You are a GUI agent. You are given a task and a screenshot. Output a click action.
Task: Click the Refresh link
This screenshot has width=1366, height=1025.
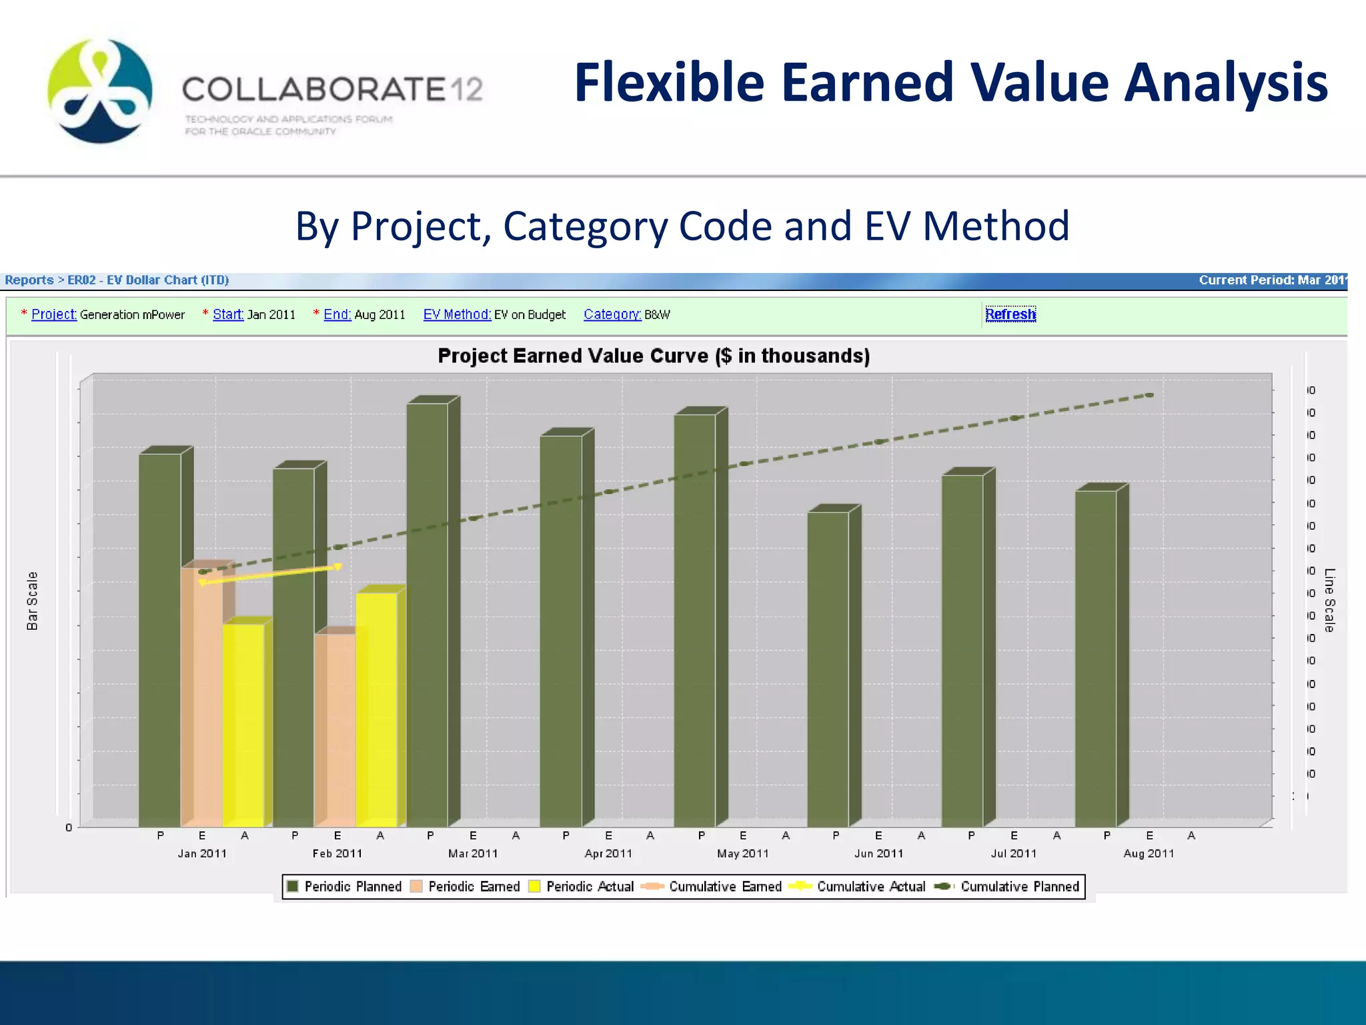[1010, 314]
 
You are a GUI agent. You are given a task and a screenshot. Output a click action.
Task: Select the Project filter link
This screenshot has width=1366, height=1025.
[54, 314]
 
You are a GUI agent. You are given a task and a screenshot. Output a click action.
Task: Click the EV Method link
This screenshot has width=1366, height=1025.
[457, 314]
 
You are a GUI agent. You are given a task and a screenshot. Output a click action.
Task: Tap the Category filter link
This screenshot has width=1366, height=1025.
[612, 314]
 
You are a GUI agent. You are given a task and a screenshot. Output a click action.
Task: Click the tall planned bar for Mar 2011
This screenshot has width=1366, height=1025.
[428, 614]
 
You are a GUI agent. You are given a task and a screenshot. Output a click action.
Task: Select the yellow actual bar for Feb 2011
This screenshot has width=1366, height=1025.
[376, 707]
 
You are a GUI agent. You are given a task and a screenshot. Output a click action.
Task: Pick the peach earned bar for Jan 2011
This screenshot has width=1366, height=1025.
[201, 694]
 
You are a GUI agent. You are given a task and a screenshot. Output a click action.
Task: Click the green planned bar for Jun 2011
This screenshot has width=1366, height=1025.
[828, 667]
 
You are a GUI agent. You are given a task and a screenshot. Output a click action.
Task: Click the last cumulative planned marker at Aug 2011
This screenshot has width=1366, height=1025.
[1149, 395]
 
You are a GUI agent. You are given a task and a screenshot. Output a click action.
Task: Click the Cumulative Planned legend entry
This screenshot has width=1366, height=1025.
[1008, 886]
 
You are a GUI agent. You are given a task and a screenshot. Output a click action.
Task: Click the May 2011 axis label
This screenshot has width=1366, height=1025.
[742, 853]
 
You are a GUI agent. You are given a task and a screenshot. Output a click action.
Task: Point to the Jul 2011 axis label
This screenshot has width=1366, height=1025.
[1013, 853]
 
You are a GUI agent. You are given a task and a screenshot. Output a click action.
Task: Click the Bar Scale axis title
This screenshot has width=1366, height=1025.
[32, 601]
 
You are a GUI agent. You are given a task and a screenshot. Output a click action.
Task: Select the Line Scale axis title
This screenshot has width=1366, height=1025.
[1329, 600]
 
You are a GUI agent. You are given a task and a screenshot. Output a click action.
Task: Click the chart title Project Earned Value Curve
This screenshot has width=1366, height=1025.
[653, 356]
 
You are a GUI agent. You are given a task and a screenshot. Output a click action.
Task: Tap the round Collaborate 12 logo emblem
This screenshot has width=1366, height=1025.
[100, 91]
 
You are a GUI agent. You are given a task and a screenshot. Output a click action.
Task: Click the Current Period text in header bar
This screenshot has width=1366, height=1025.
[1271, 280]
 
